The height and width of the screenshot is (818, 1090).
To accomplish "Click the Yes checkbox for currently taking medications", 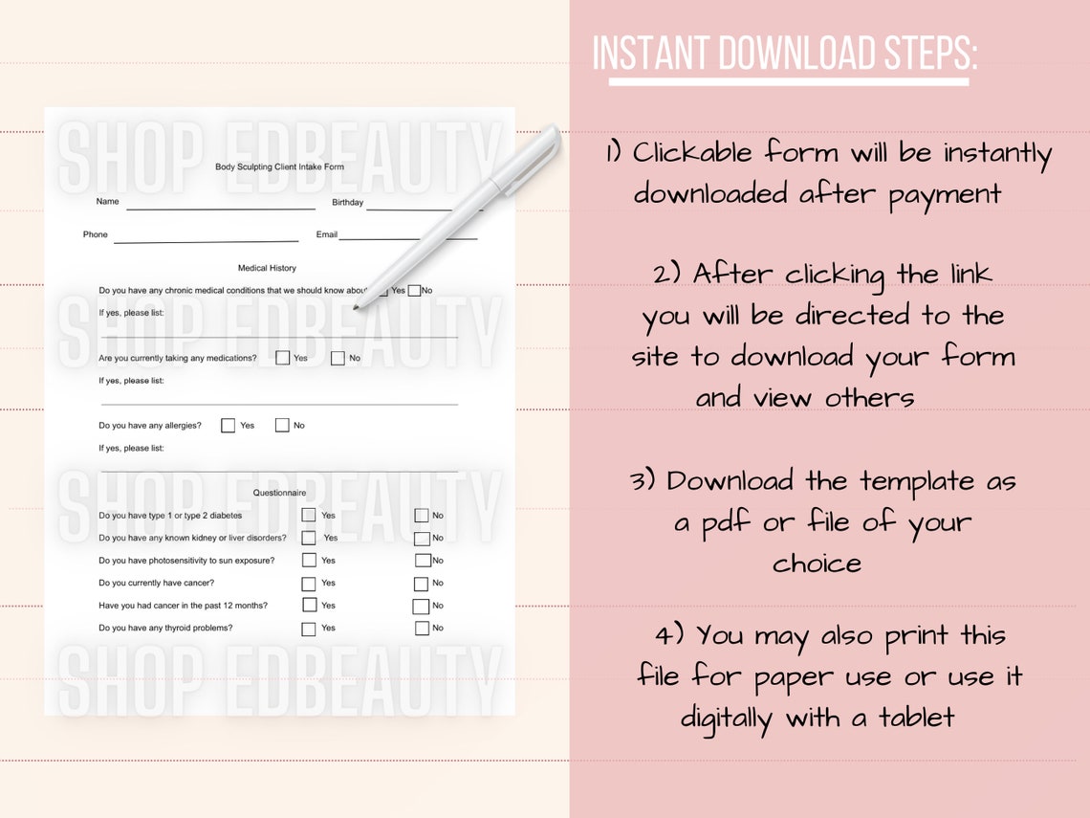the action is pos(282,358).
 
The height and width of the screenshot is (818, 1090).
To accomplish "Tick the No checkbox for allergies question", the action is pos(282,425).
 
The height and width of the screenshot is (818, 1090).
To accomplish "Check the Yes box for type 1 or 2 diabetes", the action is pos(309,515).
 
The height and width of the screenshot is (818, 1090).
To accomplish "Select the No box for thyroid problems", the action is pos(422,629).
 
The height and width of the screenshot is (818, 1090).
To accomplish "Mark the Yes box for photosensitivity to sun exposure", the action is pos(310,560).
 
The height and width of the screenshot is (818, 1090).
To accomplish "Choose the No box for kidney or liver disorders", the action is pos(422,539).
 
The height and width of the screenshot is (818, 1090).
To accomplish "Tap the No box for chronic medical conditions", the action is pos(414,290).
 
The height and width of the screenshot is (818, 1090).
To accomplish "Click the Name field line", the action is pos(221,209).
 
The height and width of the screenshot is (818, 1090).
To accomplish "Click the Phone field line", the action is pos(207,242).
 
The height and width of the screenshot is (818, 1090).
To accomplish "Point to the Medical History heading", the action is pos(267,268).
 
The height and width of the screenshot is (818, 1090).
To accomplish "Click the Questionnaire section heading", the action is pos(279,493).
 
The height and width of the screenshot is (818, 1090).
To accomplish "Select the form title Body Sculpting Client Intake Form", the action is pos(279,166).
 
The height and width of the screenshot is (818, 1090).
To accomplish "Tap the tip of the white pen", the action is pos(356,307).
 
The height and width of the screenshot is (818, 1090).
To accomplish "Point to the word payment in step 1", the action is pos(945,195).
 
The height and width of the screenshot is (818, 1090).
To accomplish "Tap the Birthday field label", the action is pos(348,203).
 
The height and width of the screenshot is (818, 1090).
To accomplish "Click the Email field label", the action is pos(327,234).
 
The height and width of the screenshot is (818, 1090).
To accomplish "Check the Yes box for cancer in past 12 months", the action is pos(310,606).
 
